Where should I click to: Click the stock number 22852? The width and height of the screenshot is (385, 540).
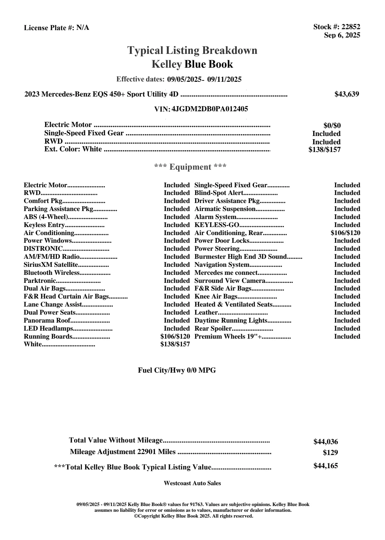pyautogui.click(x=350, y=27)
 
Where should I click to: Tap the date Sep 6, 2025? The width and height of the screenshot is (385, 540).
pyautogui.click(x=342, y=35)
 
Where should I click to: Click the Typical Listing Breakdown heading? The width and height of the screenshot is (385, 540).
pyautogui.click(x=192, y=50)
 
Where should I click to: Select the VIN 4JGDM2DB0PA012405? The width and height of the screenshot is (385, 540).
pyautogui.click(x=210, y=109)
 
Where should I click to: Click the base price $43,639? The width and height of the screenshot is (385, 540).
pyautogui.click(x=347, y=94)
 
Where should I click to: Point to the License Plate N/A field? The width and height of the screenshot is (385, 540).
pyautogui.click(x=56, y=28)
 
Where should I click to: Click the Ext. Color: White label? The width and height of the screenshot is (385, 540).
pyautogui.click(x=73, y=149)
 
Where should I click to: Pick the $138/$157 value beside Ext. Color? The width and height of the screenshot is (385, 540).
pyautogui.click(x=324, y=149)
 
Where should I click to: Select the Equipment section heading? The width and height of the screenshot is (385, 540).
pyautogui.click(x=190, y=167)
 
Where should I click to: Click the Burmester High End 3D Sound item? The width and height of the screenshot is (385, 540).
pyautogui.click(x=240, y=257)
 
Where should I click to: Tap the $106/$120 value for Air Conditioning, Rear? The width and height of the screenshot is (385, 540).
pyautogui.click(x=345, y=233)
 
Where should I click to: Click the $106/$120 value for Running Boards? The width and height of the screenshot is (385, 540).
pyautogui.click(x=175, y=337)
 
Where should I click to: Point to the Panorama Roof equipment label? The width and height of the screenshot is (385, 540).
pyautogui.click(x=47, y=321)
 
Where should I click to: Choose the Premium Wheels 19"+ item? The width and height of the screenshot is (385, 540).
pyautogui.click(x=228, y=337)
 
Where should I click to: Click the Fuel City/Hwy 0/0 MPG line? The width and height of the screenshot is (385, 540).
pyautogui.click(x=177, y=370)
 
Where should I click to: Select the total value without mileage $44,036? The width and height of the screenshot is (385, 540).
pyautogui.click(x=325, y=442)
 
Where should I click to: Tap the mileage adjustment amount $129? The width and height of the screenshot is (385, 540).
pyautogui.click(x=330, y=453)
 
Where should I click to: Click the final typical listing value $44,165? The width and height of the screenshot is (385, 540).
pyautogui.click(x=325, y=466)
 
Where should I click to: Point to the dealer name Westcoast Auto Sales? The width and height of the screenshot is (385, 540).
pyautogui.click(x=192, y=483)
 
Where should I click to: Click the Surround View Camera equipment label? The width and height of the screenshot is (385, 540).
pyautogui.click(x=230, y=281)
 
